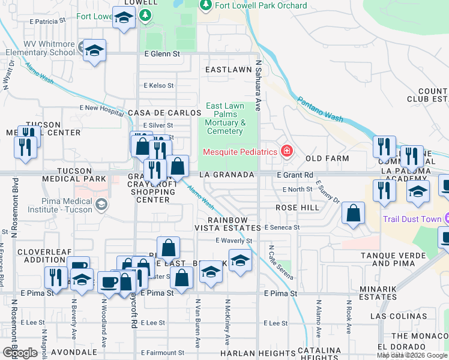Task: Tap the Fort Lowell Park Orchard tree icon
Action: coord(205,5)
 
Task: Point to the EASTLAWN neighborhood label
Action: coord(228,70)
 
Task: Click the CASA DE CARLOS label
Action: coord(164,113)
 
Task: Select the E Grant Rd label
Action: coord(295,175)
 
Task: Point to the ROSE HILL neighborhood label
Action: coord(297,207)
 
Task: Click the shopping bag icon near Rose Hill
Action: coord(354,212)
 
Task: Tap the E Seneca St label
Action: coord(281,227)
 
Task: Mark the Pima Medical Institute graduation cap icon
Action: coord(101,204)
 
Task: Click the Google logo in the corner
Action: coord(20,353)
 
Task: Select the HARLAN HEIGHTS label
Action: coord(247,353)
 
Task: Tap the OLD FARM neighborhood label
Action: coord(327,158)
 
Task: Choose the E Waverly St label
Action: coord(234,241)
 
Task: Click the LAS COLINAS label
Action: coord(393,316)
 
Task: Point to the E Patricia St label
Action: coord(46,20)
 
